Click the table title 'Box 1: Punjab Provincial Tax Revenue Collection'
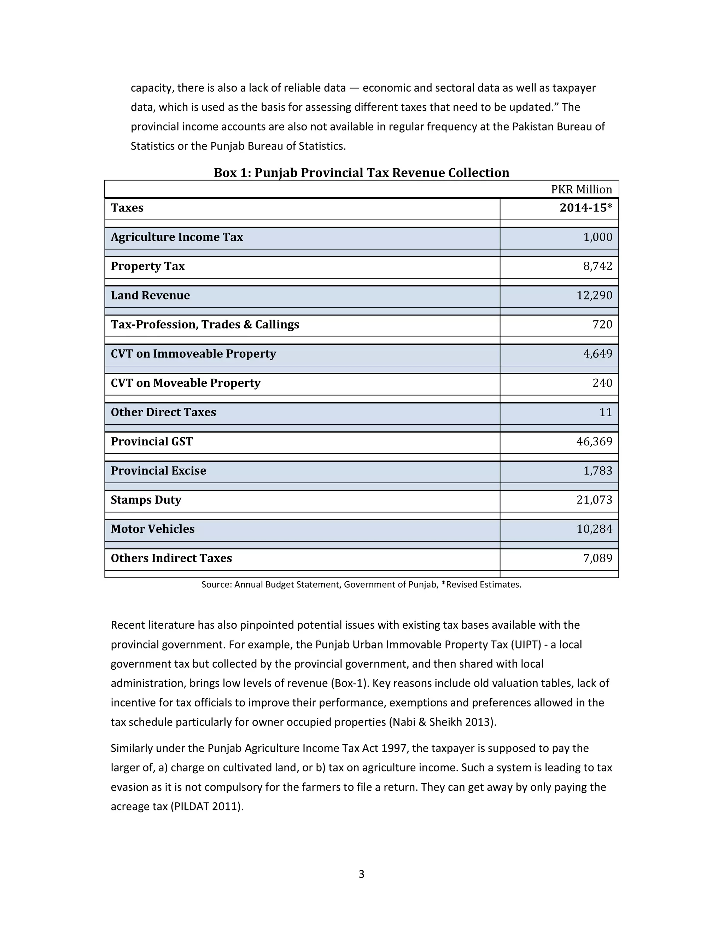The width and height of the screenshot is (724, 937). pos(361,173)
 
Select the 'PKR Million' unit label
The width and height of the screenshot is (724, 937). pos(581,189)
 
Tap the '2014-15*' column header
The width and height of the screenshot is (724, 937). pos(585,208)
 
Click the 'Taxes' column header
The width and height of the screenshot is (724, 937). pos(127,208)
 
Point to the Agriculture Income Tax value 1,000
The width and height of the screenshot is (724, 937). pos(597,237)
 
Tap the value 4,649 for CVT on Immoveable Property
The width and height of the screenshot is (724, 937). pos(597,354)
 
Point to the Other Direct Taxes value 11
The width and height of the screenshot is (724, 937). pos(605,412)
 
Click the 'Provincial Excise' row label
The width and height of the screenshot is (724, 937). pos(158,471)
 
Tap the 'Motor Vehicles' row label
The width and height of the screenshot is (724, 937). pos(152,529)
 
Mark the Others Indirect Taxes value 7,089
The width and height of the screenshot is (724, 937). pos(597,558)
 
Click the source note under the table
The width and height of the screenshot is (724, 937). pos(361,584)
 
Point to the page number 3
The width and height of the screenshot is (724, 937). pos(361,874)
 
